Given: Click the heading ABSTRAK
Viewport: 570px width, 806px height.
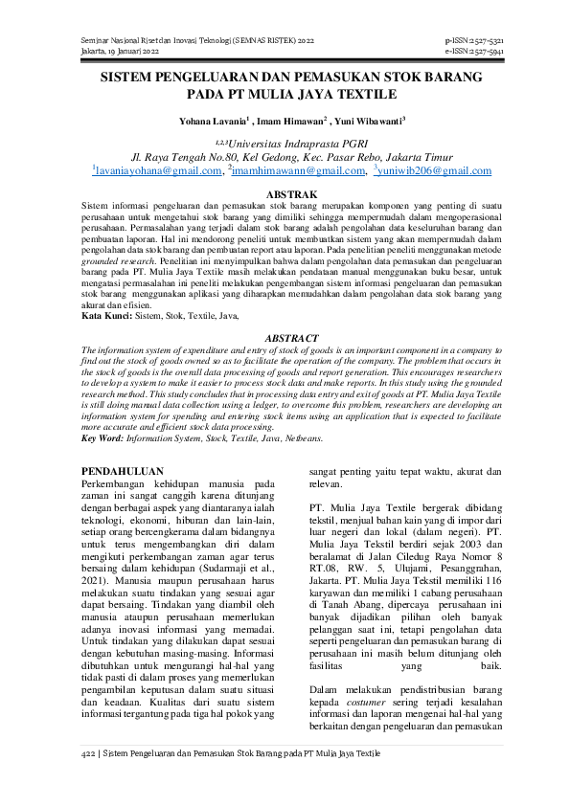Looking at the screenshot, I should [285, 194].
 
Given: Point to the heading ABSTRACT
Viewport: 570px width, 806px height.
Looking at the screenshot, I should [285, 339].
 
